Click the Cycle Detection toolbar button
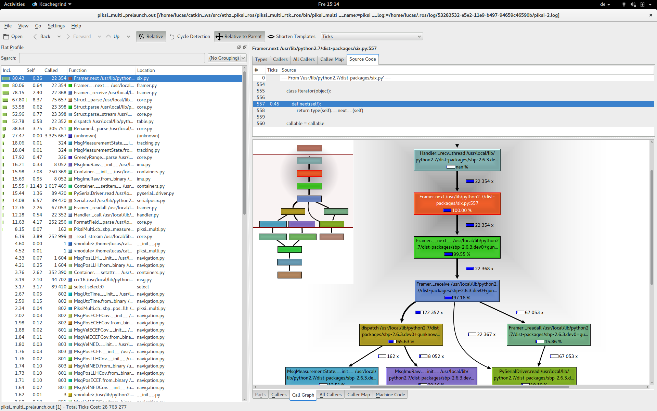[x=190, y=36]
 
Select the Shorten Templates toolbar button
[x=292, y=36]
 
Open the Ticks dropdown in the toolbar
[x=372, y=36]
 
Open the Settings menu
[x=56, y=26]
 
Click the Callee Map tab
[x=332, y=59]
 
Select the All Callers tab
[x=304, y=59]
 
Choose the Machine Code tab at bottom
[x=390, y=395]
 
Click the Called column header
[x=51, y=70]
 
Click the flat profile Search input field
[x=112, y=58]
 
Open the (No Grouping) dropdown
[x=227, y=58]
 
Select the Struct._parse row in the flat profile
[x=103, y=100]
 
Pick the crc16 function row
[x=103, y=279]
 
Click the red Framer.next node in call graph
[x=457, y=203]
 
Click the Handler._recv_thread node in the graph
[x=457, y=160]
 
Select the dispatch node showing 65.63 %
[x=401, y=334]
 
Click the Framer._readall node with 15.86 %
[x=548, y=334]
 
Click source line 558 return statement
[x=330, y=110]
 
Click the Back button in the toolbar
[x=42, y=36]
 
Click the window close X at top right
[x=650, y=15]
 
